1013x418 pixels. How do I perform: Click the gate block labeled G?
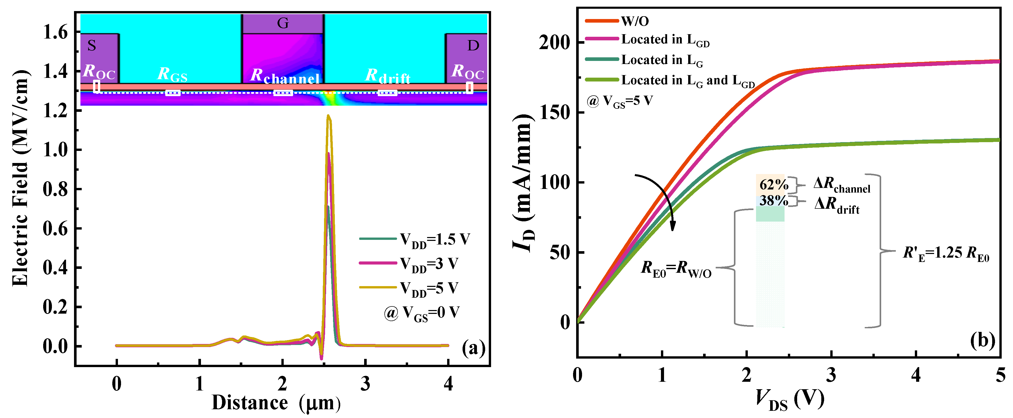pos(282,24)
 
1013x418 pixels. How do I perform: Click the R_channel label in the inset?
pos(285,76)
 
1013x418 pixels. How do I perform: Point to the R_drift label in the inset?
pos(388,76)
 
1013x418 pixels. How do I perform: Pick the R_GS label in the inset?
pos(172,75)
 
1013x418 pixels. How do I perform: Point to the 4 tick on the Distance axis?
pos(448,383)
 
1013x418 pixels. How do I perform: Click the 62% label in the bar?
pos(773,184)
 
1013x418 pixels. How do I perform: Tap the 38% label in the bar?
pos(773,201)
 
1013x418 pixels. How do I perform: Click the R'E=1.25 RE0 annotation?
pos(945,254)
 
